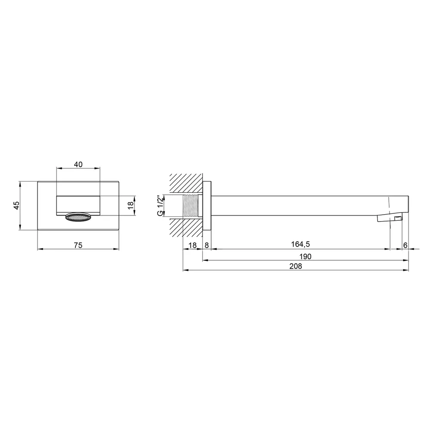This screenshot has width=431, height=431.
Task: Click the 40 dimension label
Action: [x=78, y=164]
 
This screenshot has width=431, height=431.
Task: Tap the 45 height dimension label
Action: [x=17, y=205]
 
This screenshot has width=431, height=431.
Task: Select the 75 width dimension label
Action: [x=78, y=245]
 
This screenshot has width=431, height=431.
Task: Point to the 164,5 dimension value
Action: [x=300, y=244]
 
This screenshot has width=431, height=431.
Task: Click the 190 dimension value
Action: [x=305, y=256]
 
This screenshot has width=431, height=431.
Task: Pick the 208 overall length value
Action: [x=296, y=266]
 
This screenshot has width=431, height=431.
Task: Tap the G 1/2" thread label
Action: [x=160, y=206]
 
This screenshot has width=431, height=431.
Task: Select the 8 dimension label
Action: [x=207, y=245]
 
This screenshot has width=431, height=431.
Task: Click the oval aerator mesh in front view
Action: [x=78, y=217]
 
